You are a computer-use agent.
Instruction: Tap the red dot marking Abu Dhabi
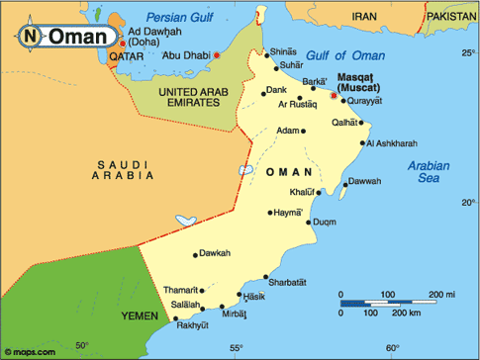coord(217,55)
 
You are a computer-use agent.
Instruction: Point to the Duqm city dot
coord(308,223)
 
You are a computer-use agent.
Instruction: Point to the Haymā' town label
coord(286,211)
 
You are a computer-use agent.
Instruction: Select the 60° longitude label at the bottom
coord(392,347)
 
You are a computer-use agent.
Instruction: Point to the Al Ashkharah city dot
coord(361,143)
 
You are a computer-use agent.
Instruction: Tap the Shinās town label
coord(284,51)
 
